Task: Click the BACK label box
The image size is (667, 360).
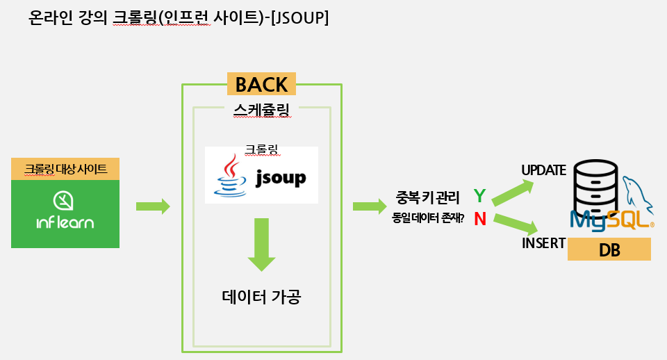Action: coord(261,84)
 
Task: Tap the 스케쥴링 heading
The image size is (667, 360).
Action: coord(261,109)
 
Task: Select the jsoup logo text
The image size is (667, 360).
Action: coord(280,178)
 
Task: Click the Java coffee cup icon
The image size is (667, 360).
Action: coord(229,177)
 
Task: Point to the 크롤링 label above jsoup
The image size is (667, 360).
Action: coord(261,150)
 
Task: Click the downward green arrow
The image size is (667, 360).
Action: coord(261,244)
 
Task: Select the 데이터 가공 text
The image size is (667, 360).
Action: coord(261,297)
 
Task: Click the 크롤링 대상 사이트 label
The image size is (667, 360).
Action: coord(65,169)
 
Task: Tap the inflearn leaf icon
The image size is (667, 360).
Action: coord(65,201)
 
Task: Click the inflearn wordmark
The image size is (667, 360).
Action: coord(65,223)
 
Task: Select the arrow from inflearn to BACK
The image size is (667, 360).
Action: coord(153,206)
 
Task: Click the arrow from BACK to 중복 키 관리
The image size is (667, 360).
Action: coord(370,206)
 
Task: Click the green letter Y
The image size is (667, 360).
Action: coord(479,195)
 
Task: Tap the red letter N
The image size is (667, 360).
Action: coord(479,219)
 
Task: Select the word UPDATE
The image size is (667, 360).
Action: coord(543,170)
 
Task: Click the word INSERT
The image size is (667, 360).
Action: coord(543,244)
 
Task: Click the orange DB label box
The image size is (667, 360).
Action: coord(609,249)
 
